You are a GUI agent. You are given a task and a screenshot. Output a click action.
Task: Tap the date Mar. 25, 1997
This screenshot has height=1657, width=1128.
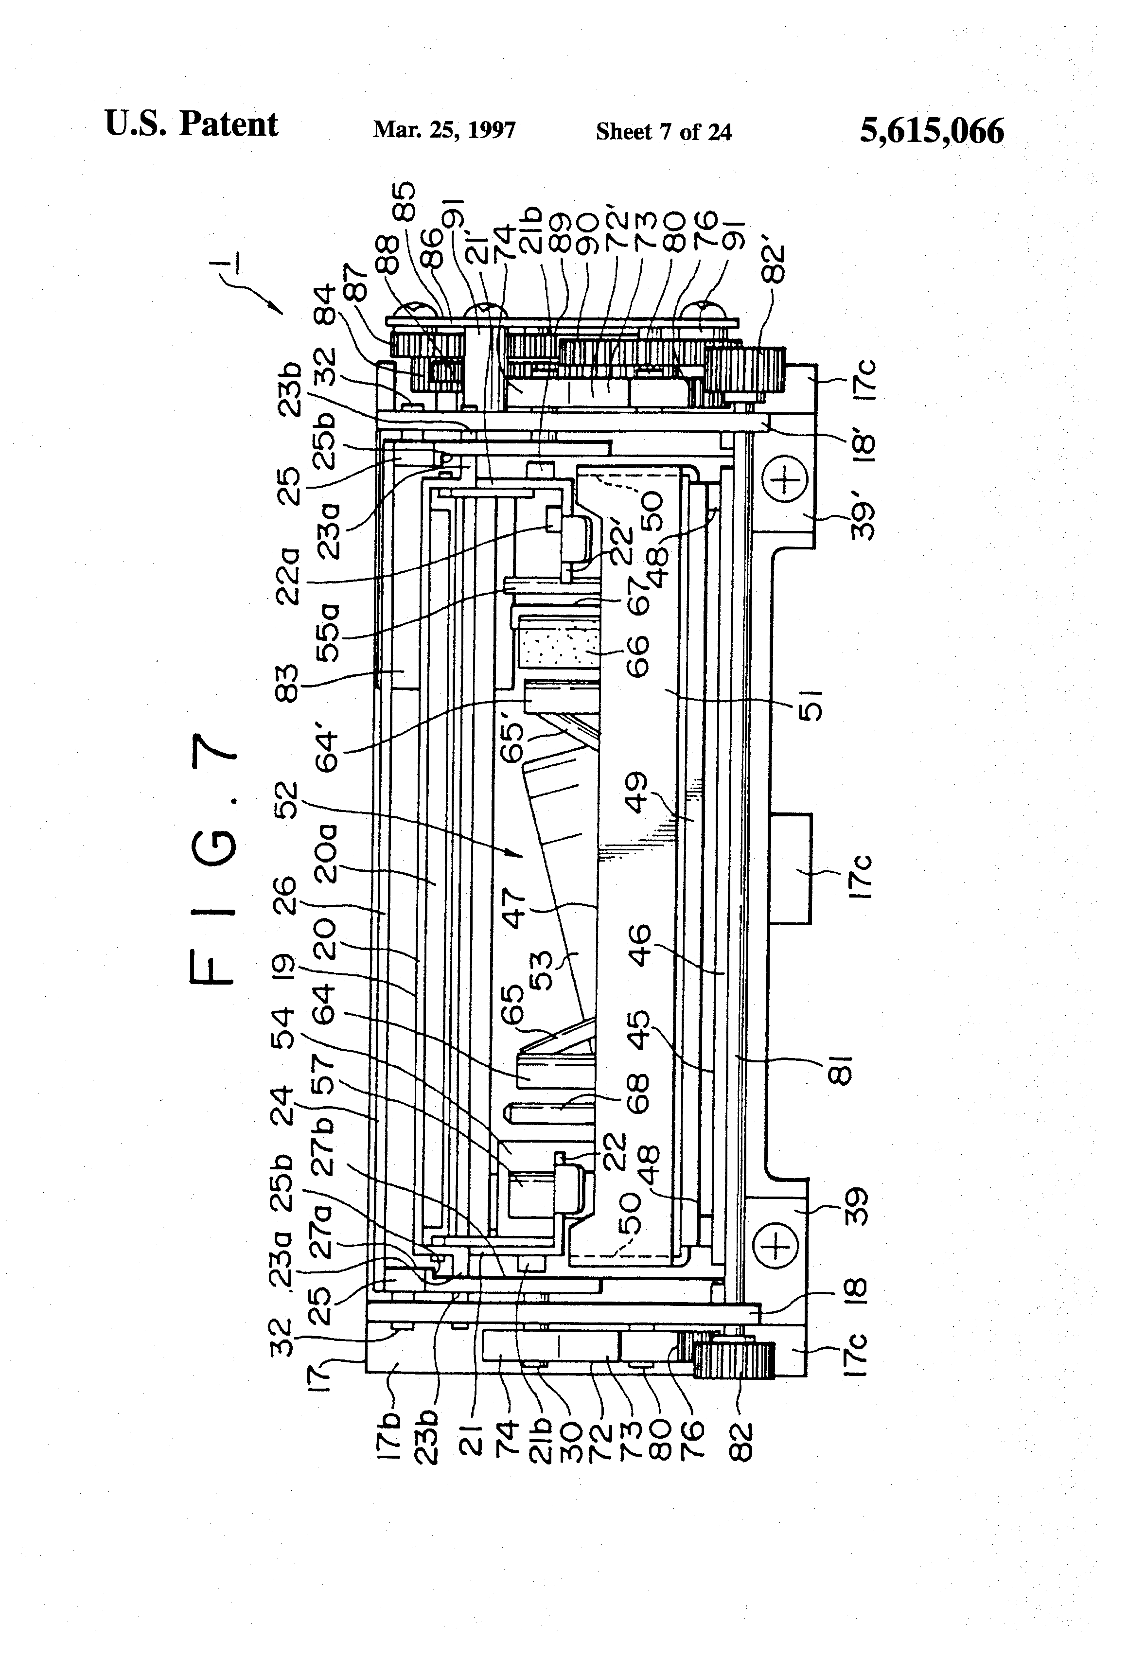[x=443, y=130]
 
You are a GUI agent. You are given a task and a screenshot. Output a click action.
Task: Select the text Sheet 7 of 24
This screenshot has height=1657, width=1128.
[x=663, y=132]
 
